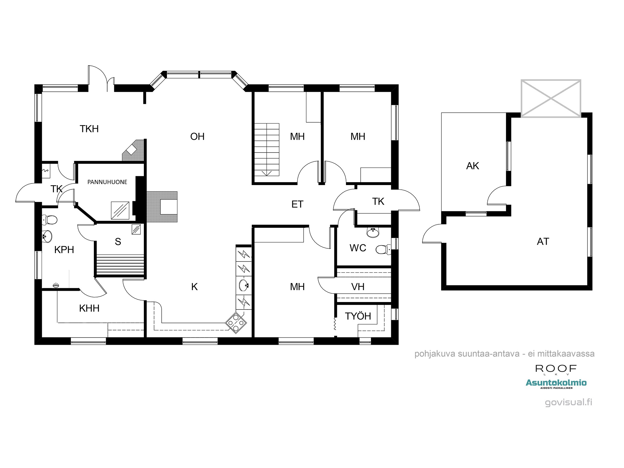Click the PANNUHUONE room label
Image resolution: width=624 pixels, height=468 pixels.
(x=107, y=182)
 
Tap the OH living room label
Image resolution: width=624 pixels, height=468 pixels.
(x=197, y=136)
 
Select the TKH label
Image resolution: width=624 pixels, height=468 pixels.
(x=89, y=129)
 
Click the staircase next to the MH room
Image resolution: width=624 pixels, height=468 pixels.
(x=266, y=149)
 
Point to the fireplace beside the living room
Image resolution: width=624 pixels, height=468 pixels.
(x=162, y=207)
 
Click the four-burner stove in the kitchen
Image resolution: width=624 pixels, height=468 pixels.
(x=236, y=323)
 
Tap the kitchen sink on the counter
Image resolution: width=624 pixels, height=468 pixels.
(x=244, y=285)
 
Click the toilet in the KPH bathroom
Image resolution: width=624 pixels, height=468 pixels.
(x=50, y=220)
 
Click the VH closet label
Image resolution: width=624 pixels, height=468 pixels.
(x=358, y=287)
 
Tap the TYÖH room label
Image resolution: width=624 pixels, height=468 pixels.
(x=358, y=316)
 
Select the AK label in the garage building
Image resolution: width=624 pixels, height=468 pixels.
(x=472, y=166)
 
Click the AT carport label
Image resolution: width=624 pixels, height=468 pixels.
(x=543, y=241)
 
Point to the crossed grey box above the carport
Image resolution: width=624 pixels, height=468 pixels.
(x=551, y=99)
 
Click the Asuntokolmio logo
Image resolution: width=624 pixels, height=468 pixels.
(x=556, y=383)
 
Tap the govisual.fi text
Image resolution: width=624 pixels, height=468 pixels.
(x=568, y=402)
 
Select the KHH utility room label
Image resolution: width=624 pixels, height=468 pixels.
(x=89, y=308)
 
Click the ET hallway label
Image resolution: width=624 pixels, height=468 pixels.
(x=297, y=204)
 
